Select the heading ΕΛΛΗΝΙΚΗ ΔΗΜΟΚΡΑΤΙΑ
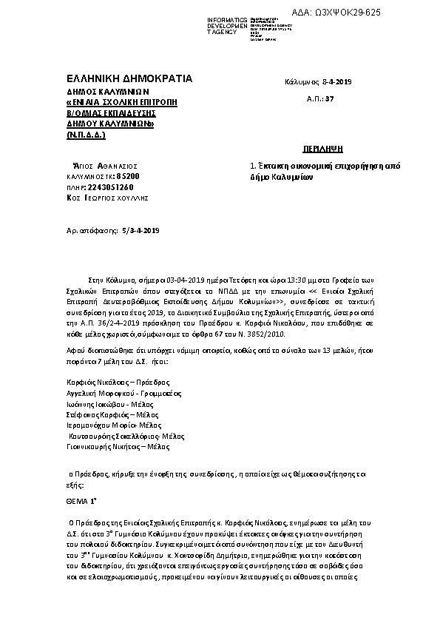(x=129, y=78)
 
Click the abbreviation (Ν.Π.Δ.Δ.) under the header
(x=86, y=135)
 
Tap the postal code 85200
(x=126, y=177)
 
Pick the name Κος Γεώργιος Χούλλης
(x=107, y=198)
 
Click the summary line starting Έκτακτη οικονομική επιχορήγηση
(x=325, y=166)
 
